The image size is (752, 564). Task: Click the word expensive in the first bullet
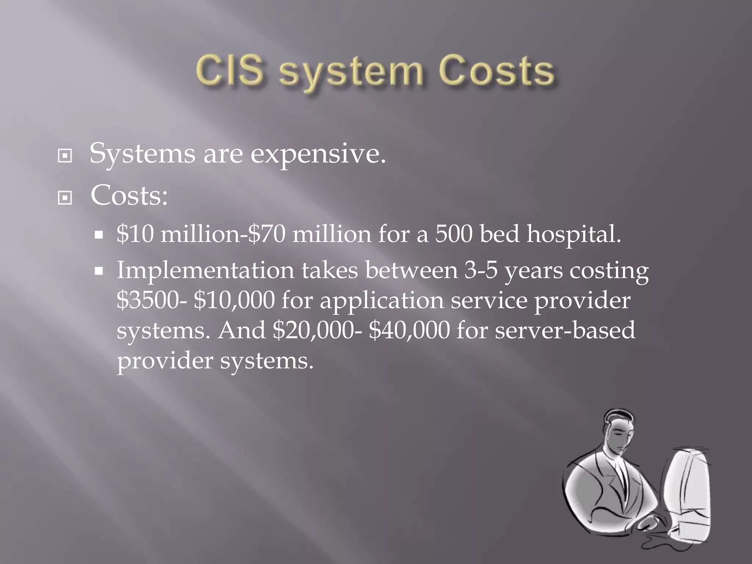pos(318,154)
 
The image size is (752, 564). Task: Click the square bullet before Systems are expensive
pos(65,156)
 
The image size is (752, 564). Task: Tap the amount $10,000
pos(234,300)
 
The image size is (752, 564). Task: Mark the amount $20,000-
pos(317,330)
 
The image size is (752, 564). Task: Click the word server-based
pos(565,330)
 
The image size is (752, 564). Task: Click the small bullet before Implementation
pos(98,271)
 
